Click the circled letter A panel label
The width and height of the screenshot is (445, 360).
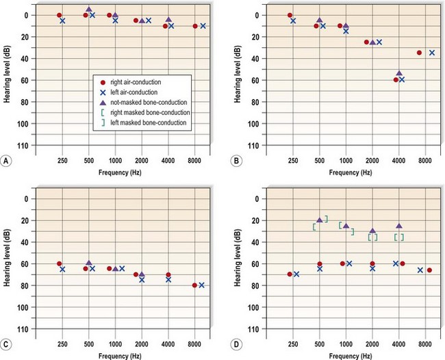tap(6, 162)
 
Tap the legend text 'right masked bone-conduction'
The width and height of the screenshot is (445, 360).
tap(151, 112)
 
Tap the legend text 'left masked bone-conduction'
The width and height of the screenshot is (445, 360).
tap(149, 122)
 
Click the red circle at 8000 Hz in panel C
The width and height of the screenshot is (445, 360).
tap(195, 285)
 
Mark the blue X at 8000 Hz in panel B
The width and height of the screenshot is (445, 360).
tap(432, 53)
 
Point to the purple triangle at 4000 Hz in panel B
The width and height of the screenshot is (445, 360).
tap(399, 73)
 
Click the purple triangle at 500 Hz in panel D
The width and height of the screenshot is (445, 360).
tap(320, 220)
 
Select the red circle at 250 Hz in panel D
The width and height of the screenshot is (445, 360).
tap(290, 274)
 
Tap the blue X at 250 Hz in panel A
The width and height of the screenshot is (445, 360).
tap(62, 21)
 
